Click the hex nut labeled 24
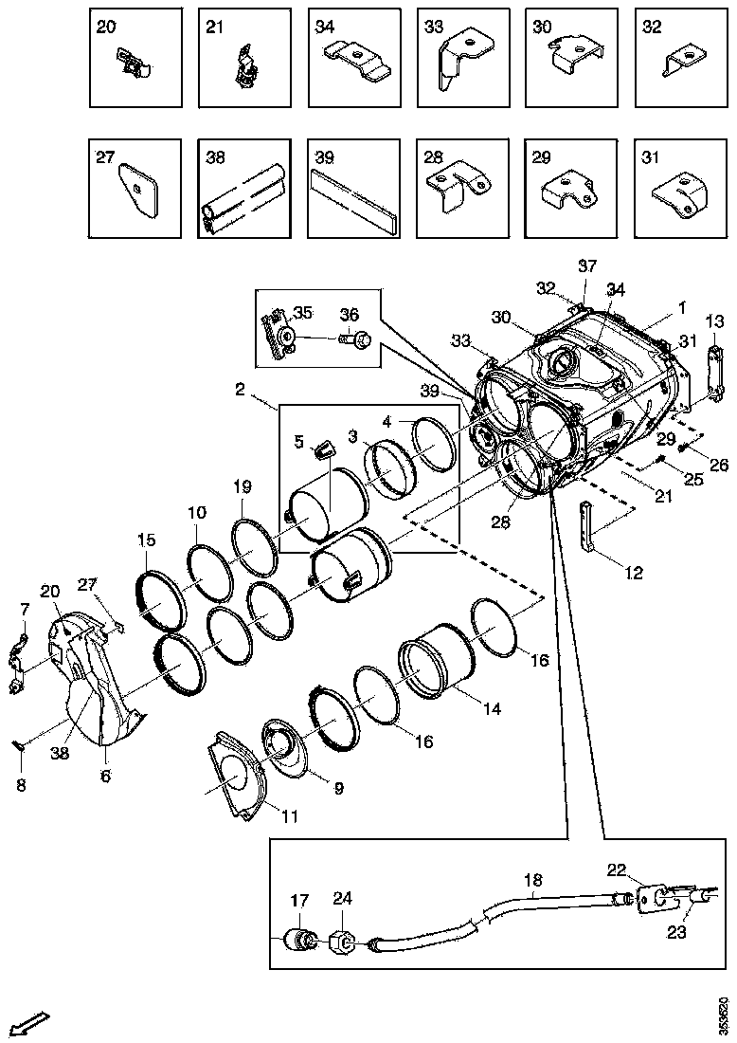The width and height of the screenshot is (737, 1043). (342, 943)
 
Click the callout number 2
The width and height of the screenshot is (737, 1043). (240, 390)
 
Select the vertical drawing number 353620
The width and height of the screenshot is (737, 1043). (724, 1015)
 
